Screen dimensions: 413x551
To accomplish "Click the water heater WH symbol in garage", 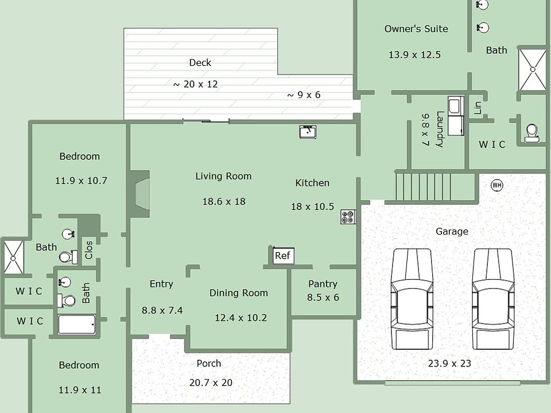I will point(497,185).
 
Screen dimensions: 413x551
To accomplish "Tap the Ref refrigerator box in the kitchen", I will point(282,255).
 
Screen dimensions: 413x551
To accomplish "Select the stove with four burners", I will point(348,217).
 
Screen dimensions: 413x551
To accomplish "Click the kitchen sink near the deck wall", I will point(308,132).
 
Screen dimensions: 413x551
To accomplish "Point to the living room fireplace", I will point(140,194).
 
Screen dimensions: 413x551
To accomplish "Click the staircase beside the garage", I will point(436,186).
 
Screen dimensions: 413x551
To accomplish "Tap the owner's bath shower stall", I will point(532,69).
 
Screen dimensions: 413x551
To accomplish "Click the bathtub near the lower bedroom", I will point(77,324).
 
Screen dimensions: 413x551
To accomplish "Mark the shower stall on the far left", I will point(13,256).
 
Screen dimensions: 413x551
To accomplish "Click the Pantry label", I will point(323,284).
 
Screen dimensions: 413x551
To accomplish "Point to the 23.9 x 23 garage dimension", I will point(449,363).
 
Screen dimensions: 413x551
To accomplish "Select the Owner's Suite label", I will point(416,29).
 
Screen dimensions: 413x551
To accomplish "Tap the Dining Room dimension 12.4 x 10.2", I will point(240,318).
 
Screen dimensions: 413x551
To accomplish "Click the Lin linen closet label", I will point(478,108).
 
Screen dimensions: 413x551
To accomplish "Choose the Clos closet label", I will point(89,250).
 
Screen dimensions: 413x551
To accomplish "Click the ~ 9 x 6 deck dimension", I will point(304,95).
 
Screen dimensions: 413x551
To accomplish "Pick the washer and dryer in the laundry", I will point(456,116).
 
